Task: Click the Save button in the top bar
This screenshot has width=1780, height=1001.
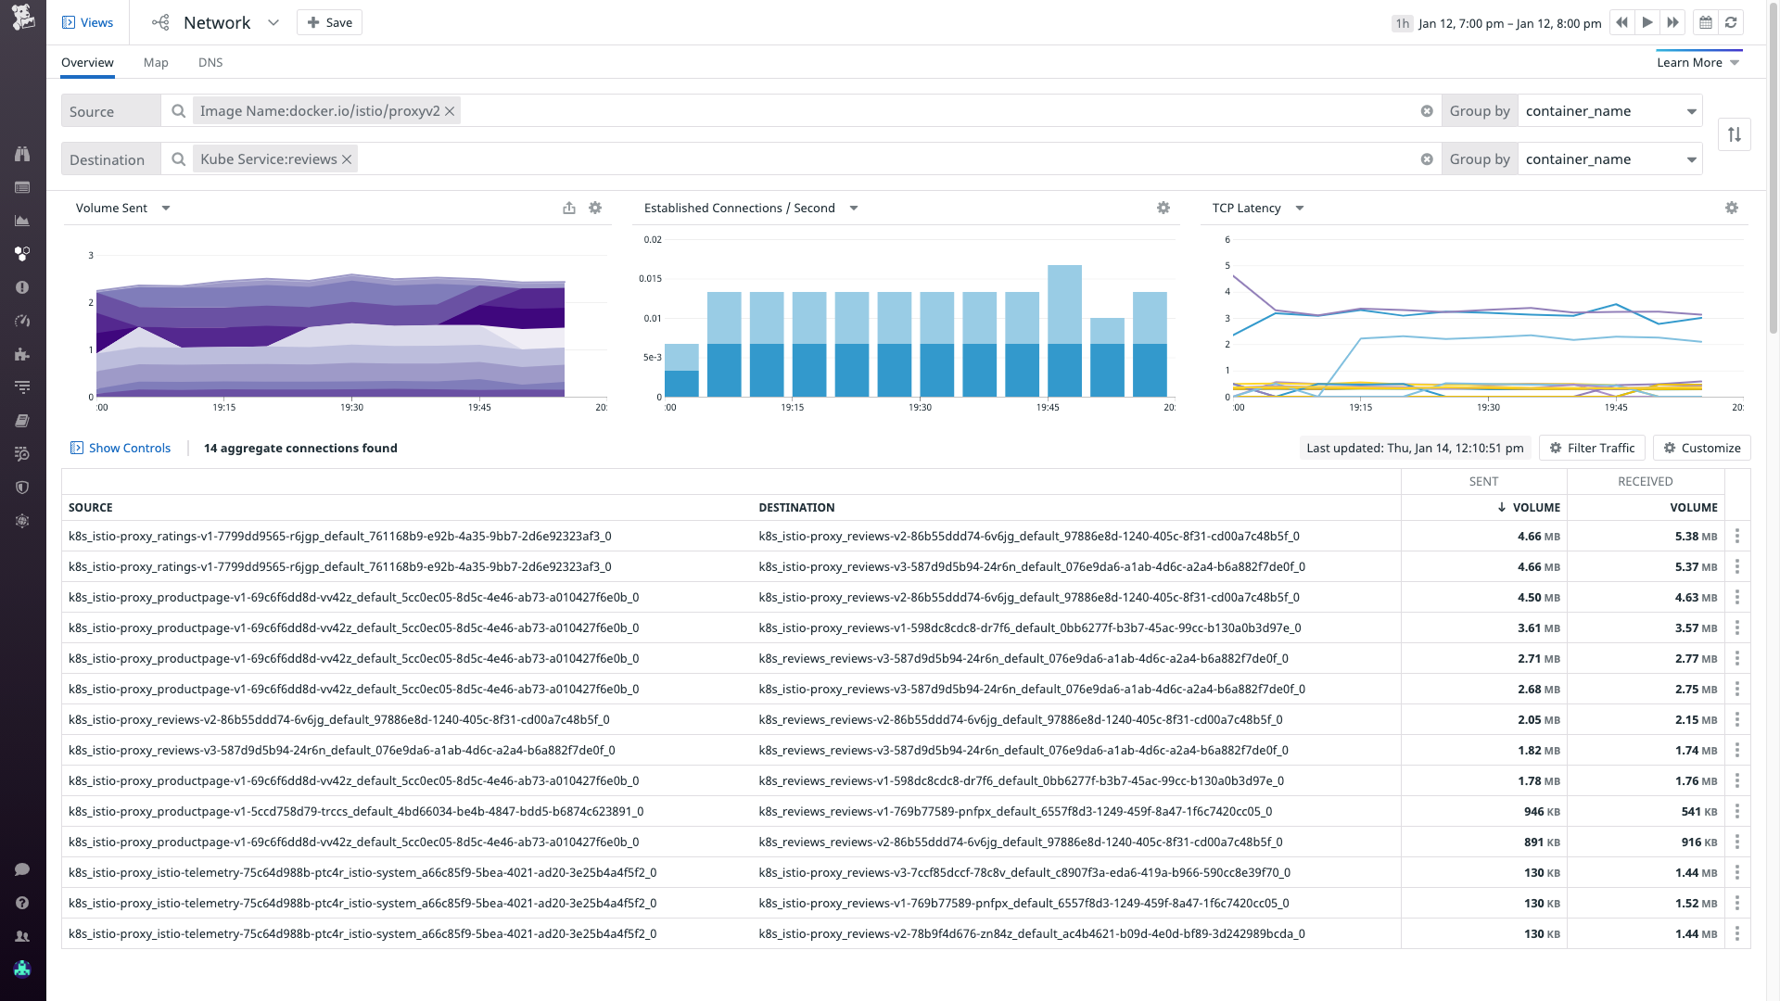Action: click(x=329, y=22)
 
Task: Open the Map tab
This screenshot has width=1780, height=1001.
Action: click(x=156, y=62)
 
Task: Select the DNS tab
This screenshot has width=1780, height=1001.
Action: click(x=210, y=62)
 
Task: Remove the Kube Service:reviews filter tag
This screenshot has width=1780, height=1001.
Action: click(x=347, y=159)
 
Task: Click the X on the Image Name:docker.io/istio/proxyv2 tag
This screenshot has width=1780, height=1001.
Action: click(x=450, y=111)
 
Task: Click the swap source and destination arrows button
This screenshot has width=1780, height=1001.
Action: click(x=1734, y=134)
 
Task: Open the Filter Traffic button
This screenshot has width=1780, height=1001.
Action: click(x=1592, y=448)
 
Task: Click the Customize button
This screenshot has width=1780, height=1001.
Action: click(x=1701, y=448)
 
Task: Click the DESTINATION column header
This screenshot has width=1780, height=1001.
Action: click(x=796, y=508)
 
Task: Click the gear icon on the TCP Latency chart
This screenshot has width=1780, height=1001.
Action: click(x=1731, y=208)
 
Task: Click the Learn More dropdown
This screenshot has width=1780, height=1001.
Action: click(x=1697, y=62)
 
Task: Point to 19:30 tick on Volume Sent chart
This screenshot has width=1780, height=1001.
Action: click(x=351, y=407)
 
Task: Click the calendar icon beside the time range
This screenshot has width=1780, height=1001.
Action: click(x=1705, y=22)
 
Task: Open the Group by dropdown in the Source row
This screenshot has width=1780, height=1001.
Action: click(x=1610, y=111)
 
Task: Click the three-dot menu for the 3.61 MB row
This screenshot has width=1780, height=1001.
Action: click(x=1736, y=628)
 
